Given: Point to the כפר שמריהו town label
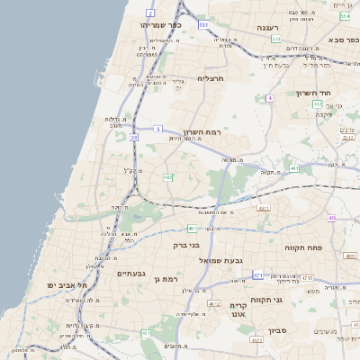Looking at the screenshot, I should coord(161,26).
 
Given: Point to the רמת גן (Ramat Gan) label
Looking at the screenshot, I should coord(168,280).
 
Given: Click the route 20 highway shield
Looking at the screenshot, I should coord(134,138).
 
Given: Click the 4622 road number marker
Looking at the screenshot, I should coord(256,340).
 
